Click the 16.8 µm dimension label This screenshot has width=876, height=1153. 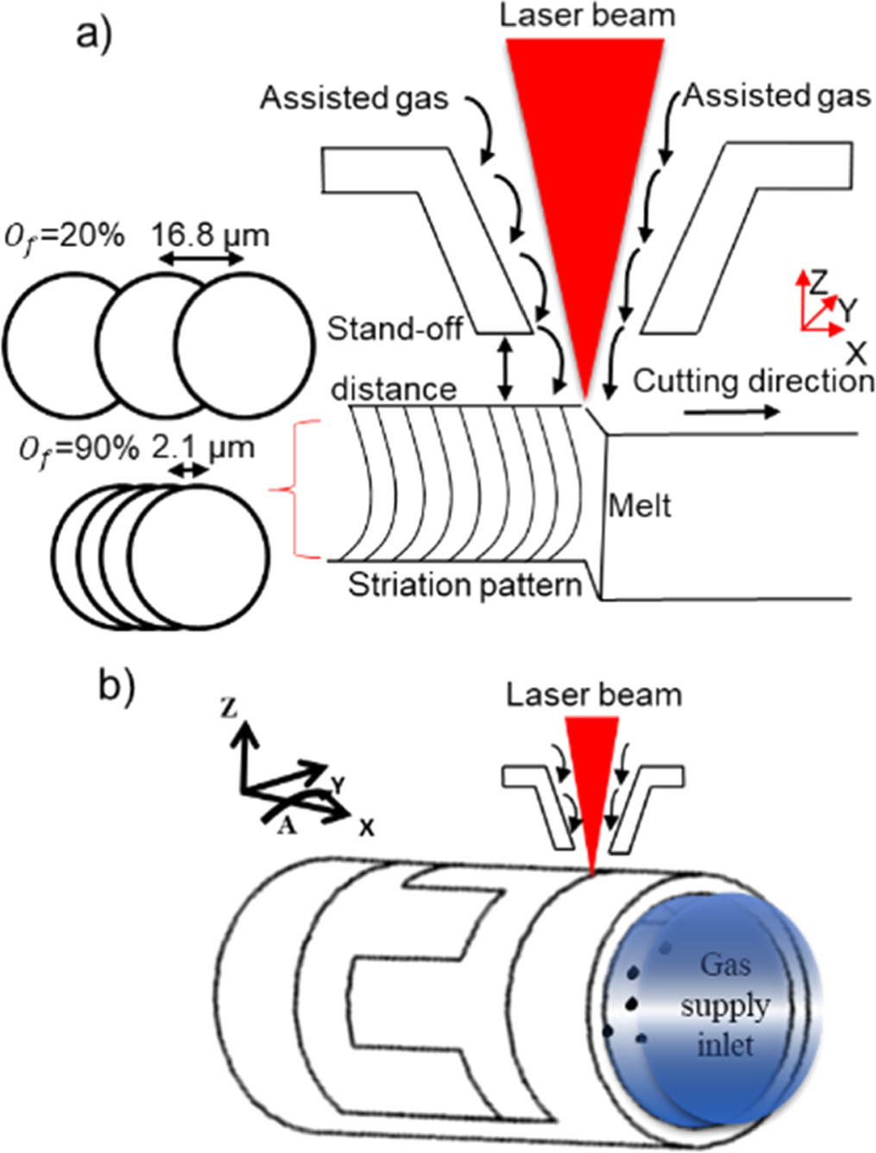point(210,235)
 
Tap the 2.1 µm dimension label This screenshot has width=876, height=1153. point(203,448)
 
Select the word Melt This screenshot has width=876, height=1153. point(640,505)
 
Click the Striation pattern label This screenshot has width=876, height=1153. point(464,585)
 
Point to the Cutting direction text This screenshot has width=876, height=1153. point(753,381)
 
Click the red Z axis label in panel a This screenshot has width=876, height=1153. point(817,281)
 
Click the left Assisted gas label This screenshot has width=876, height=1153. point(354,98)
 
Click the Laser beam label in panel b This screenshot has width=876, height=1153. point(594,695)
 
